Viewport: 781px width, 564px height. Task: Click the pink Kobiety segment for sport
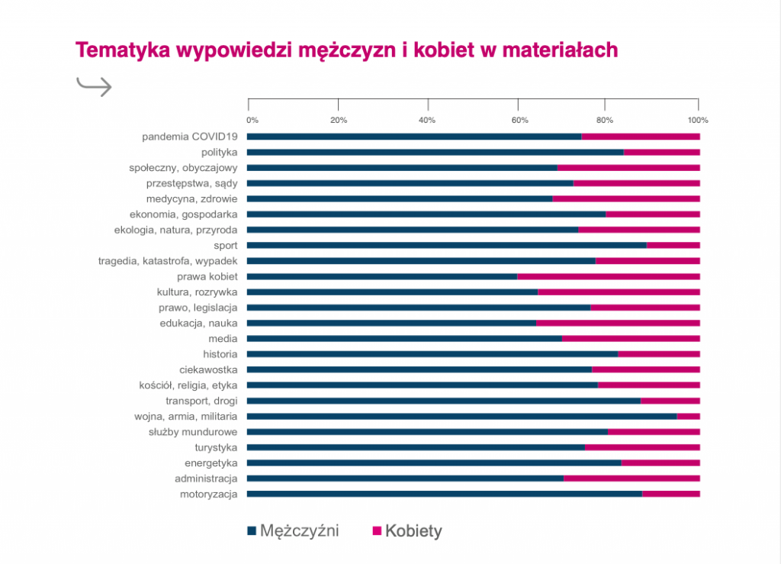click(673, 245)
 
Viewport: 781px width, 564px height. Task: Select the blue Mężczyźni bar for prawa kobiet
click(382, 276)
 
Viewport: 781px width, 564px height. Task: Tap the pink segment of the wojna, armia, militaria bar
click(688, 416)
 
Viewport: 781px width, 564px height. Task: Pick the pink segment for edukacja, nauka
click(618, 323)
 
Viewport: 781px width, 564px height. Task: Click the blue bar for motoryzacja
click(445, 494)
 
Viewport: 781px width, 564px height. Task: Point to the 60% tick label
click(518, 121)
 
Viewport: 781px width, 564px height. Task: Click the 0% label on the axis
click(252, 121)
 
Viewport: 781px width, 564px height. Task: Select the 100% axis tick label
click(698, 121)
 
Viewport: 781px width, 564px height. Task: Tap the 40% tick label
click(427, 121)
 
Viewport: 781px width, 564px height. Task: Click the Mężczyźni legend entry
click(294, 530)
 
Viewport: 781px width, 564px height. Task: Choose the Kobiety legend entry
click(407, 531)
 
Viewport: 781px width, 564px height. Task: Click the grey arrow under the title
click(95, 86)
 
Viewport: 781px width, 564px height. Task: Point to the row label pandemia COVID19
click(190, 137)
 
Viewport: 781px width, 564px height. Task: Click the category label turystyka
click(216, 447)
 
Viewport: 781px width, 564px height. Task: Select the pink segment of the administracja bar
click(632, 479)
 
